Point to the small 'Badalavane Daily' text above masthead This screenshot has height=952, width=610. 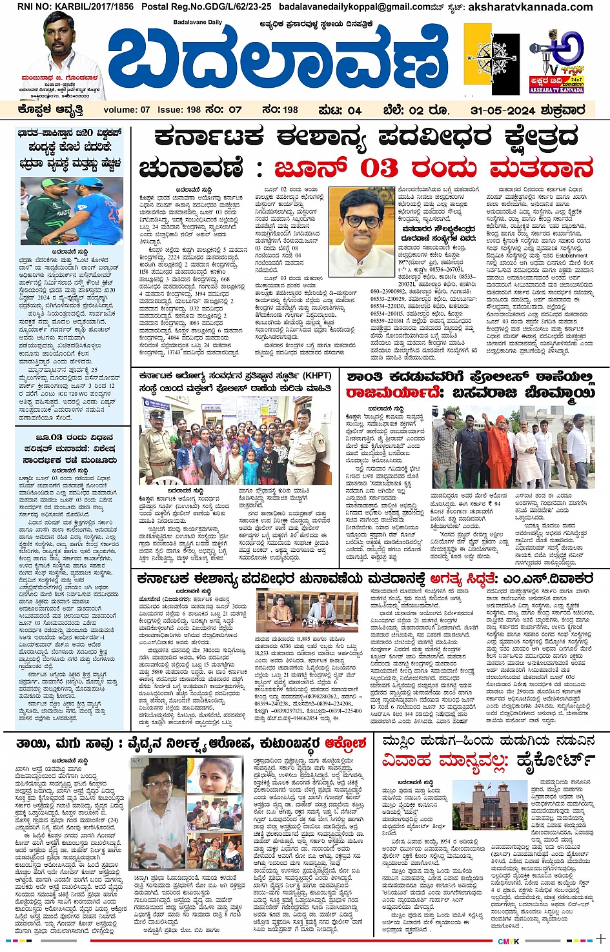pyautogui.click(x=198, y=23)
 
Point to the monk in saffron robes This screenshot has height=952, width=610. pyautogui.click(x=496, y=445)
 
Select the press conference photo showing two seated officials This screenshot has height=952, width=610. pyautogui.click(x=307, y=611)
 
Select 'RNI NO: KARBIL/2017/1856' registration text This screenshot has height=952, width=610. pyautogui.click(x=76, y=6)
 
